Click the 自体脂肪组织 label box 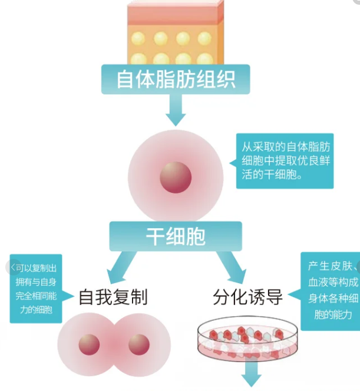(x=176, y=79)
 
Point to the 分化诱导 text (x=247, y=297)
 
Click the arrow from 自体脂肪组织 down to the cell (x=176, y=109)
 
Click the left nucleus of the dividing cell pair (x=89, y=345)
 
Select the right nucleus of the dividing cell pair (x=139, y=345)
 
